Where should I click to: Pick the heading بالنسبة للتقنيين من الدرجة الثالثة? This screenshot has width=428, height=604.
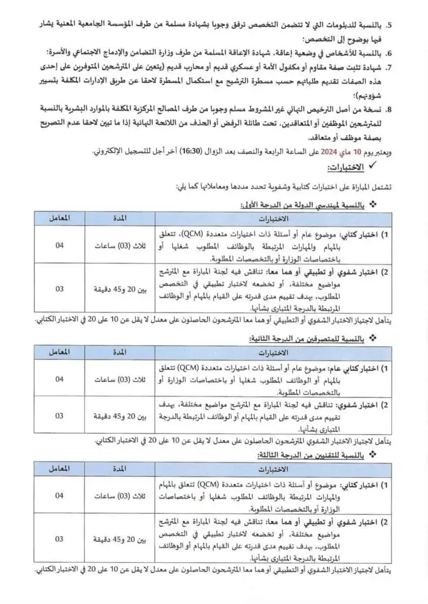[310, 456]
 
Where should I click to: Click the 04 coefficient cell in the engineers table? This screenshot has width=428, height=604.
[59, 245]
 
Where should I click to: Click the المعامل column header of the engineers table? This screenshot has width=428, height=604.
[59, 218]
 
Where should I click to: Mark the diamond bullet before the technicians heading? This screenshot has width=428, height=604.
[373, 456]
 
